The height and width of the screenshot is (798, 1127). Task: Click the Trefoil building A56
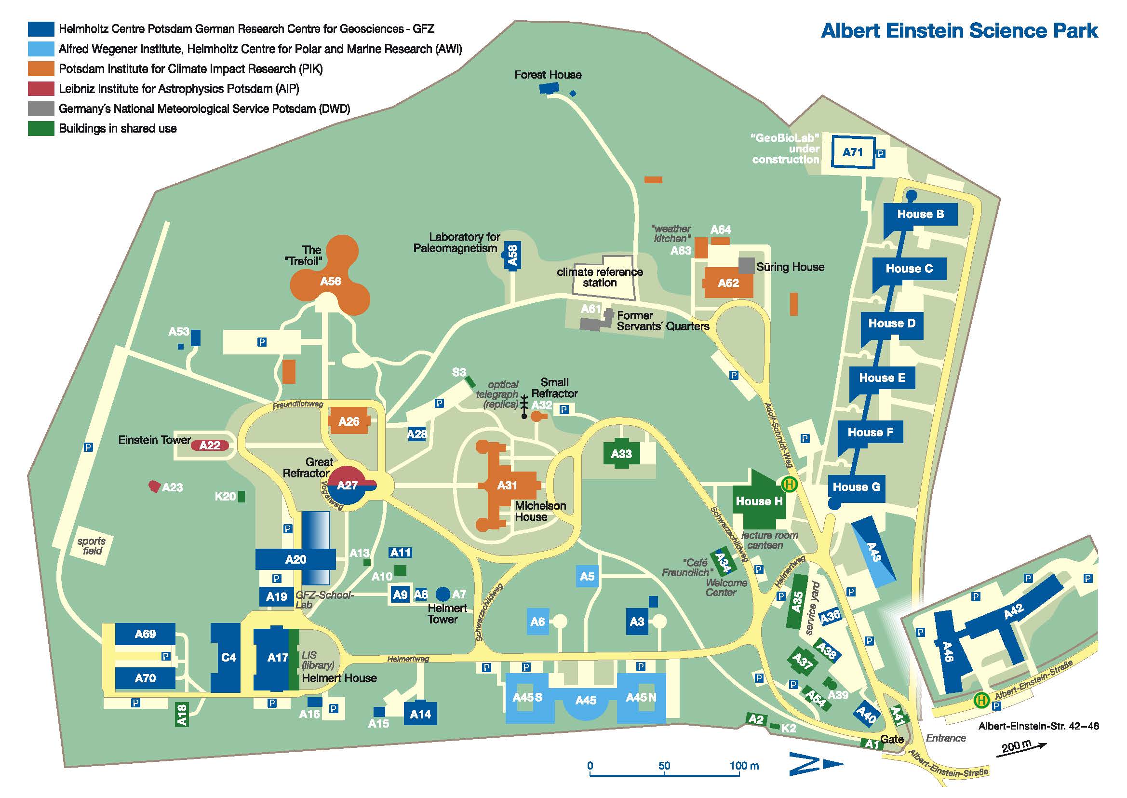[x=330, y=281]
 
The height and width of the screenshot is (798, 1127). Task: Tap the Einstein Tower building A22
[x=210, y=446]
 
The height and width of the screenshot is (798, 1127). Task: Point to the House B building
[x=920, y=214]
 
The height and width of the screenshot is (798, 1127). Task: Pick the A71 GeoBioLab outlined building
[x=852, y=152]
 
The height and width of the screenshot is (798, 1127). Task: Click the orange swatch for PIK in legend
[x=41, y=69]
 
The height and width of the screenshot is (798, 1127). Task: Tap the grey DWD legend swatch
[x=41, y=108]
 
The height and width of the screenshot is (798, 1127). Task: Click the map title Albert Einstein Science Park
[x=959, y=30]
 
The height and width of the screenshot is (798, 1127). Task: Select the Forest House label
[x=548, y=75]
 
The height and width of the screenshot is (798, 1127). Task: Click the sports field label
[x=92, y=546]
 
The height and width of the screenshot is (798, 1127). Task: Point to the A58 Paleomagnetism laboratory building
[x=512, y=256]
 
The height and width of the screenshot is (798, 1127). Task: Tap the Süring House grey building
[x=747, y=265]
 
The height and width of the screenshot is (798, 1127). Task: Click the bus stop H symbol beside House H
[x=790, y=485]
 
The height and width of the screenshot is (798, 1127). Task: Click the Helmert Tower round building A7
[x=443, y=594]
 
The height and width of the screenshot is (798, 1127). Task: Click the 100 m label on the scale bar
[x=744, y=766]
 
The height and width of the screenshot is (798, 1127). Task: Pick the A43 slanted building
[x=873, y=551]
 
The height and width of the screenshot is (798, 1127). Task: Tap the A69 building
[x=145, y=634]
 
